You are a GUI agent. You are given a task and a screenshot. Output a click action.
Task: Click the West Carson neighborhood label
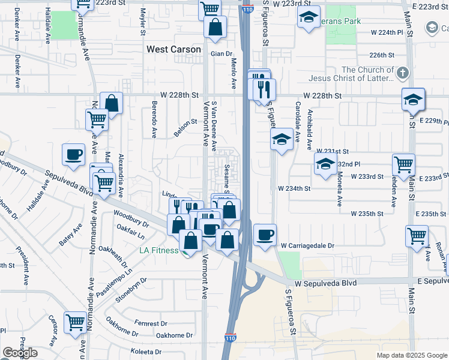[x=173, y=49]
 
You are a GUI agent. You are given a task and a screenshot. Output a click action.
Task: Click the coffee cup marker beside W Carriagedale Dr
[x=265, y=235]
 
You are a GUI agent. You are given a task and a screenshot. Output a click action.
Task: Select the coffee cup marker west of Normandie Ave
[x=73, y=154]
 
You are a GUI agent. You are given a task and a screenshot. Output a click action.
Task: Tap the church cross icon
[x=402, y=74]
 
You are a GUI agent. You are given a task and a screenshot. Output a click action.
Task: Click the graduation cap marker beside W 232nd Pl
[x=325, y=164]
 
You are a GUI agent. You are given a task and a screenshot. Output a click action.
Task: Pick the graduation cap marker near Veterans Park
[x=308, y=18]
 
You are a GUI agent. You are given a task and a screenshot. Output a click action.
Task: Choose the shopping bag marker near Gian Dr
[x=215, y=27]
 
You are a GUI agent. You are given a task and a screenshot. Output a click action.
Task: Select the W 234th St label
[x=294, y=188]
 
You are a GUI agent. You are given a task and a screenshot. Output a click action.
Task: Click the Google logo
[x=20, y=353]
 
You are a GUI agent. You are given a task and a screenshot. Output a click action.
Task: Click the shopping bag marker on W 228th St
[x=112, y=103]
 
